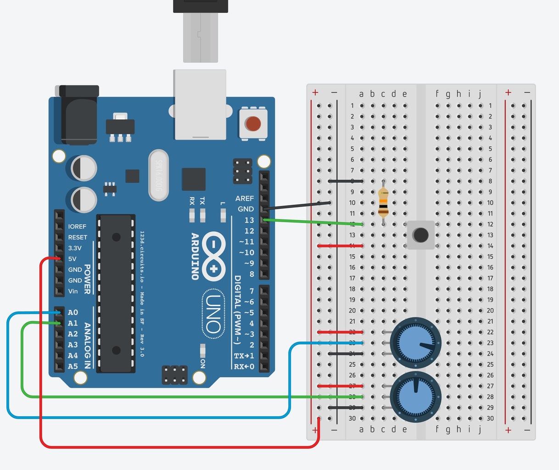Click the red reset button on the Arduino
point(252,123)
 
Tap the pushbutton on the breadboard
point(420,235)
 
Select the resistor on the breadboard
point(383,202)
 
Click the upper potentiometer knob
point(415,343)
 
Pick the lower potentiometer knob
point(415,397)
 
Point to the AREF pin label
point(244,198)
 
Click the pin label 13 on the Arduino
point(249,220)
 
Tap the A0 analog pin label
point(73,313)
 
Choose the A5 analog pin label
point(73,366)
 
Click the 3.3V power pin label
point(75,248)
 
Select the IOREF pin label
point(77,226)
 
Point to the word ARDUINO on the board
point(195,256)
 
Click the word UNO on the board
point(213,314)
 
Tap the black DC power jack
point(79,115)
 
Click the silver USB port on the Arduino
point(200,104)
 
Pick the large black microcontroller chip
point(116,294)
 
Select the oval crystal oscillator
point(159,175)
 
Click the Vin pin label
point(73,291)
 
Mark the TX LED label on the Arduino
point(202,201)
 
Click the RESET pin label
point(78,237)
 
